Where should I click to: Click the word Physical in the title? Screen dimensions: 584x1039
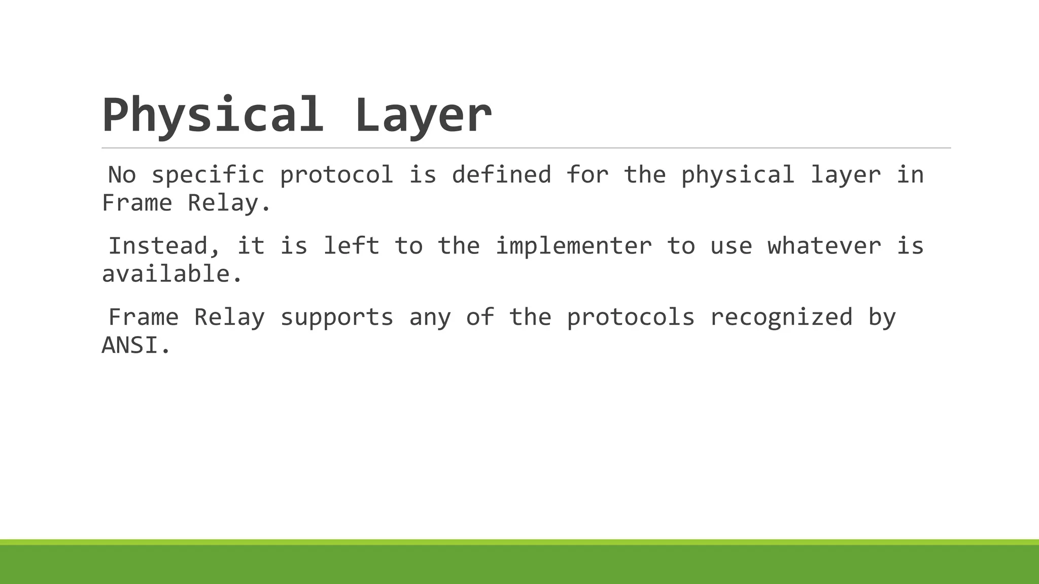pos(212,116)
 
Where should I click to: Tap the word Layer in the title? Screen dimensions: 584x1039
pos(423,116)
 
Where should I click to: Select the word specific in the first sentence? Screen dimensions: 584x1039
pos(207,175)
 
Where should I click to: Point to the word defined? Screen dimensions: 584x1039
pos(501,175)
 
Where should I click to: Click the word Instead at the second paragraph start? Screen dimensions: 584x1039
pos(164,246)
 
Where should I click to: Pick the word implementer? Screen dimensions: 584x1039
pos(573,246)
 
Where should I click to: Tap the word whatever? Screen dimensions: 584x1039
pos(824,246)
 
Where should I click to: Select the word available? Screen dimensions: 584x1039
pos(172,274)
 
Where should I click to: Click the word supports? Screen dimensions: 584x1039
pos(336,318)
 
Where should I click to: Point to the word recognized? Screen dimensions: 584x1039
pos(781,318)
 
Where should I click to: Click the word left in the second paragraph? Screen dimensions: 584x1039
pos(351,246)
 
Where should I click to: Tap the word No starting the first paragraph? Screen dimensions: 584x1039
pos(122,175)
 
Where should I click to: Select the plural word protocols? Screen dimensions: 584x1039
pos(630,318)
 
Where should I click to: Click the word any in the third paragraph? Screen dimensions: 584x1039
pos(430,318)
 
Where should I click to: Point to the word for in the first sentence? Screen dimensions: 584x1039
pos(587,175)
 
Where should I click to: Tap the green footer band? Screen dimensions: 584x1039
pos(519,564)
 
